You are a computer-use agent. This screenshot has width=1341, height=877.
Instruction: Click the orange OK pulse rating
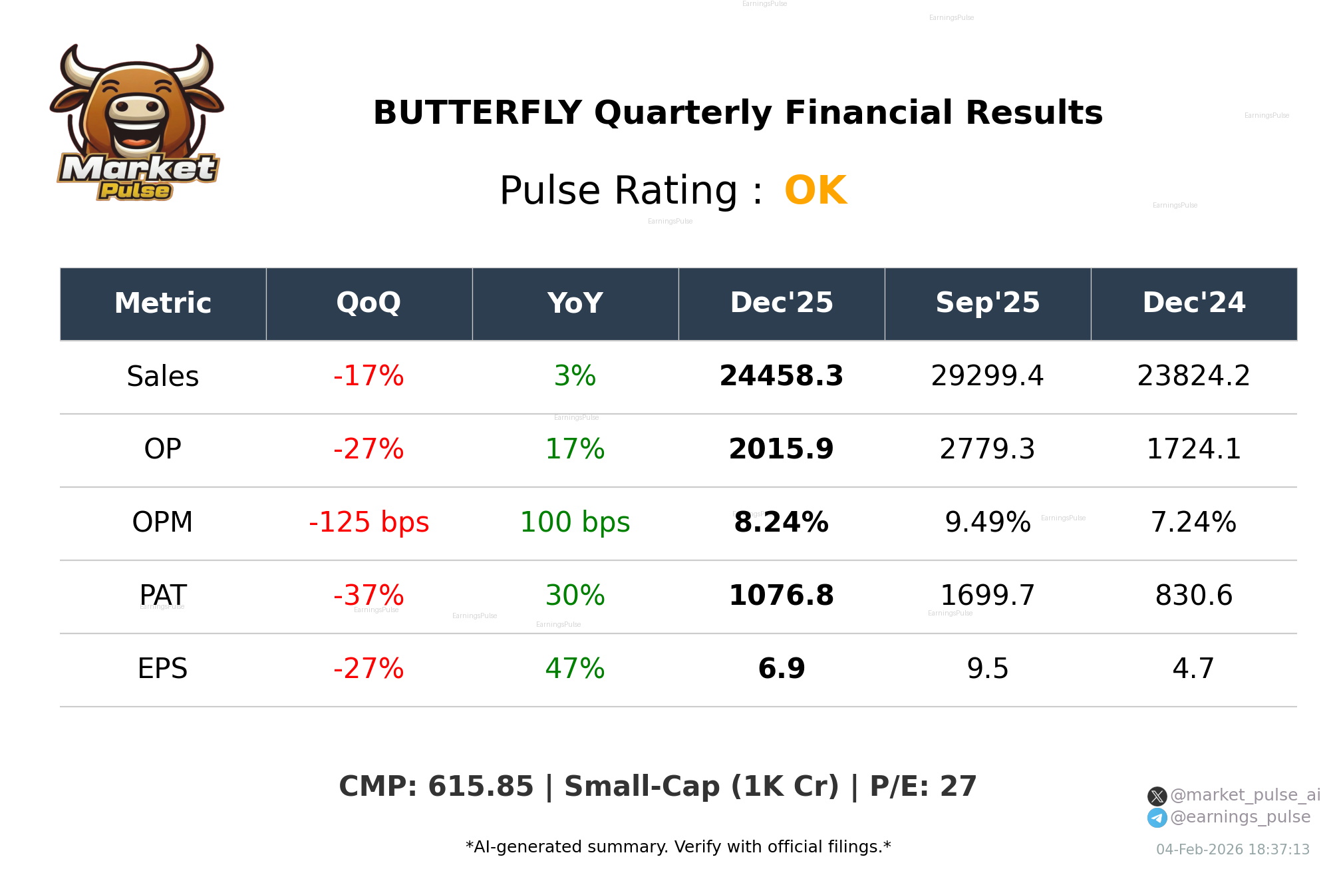[815, 190]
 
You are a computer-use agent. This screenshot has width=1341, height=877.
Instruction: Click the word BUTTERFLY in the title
[477, 112]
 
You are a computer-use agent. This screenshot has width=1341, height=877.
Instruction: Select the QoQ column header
[369, 303]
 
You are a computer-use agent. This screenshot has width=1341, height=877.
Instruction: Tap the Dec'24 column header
[1193, 303]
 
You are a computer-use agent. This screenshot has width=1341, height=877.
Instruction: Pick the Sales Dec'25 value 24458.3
[781, 377]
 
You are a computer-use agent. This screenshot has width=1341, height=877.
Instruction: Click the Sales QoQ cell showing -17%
[369, 377]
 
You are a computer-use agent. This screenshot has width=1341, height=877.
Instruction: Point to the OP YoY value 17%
[575, 450]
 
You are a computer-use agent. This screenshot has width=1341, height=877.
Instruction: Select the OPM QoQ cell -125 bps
[369, 523]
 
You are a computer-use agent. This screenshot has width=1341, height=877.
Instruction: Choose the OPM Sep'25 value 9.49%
[987, 523]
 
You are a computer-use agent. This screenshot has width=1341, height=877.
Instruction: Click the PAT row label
[162, 595]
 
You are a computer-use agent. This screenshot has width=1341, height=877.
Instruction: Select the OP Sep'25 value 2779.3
[987, 450]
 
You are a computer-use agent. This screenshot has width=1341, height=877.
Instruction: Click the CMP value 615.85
[480, 787]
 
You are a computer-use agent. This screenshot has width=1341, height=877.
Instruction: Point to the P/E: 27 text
[923, 787]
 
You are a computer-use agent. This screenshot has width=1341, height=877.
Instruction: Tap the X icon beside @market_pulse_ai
[1157, 796]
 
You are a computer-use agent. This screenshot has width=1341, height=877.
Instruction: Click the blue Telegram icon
[1157, 818]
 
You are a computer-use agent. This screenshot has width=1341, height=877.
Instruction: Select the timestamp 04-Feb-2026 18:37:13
[1232, 850]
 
